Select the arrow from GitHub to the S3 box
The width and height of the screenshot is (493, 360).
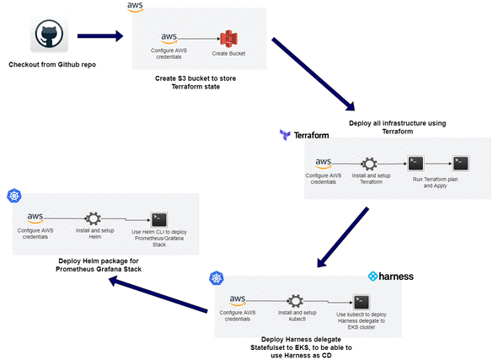(100, 36)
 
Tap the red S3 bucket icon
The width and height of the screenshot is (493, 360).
(227, 38)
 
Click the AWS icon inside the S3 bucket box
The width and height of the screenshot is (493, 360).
(169, 37)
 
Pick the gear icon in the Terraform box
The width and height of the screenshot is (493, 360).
(369, 163)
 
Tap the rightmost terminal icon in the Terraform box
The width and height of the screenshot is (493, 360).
(460, 163)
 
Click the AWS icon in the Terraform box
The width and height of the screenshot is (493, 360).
(324, 164)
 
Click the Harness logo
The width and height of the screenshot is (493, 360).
(394, 276)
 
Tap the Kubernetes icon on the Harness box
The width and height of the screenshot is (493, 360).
(217, 279)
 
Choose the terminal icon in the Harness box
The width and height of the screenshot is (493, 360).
(360, 300)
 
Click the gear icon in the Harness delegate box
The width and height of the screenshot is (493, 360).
(296, 300)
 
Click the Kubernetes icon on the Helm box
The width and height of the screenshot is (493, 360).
(13, 196)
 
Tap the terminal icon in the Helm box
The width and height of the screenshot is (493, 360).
(157, 219)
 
